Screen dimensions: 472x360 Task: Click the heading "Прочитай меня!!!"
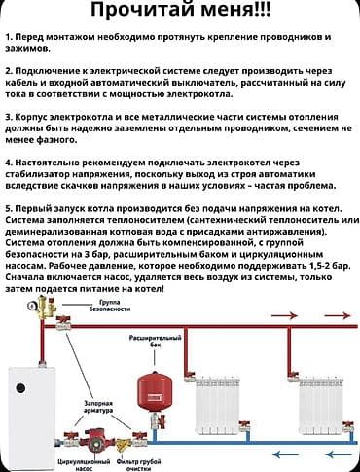pyautogui.click(x=180, y=12)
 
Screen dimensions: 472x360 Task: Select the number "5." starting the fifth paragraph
pyautogui.click(x=8, y=208)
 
